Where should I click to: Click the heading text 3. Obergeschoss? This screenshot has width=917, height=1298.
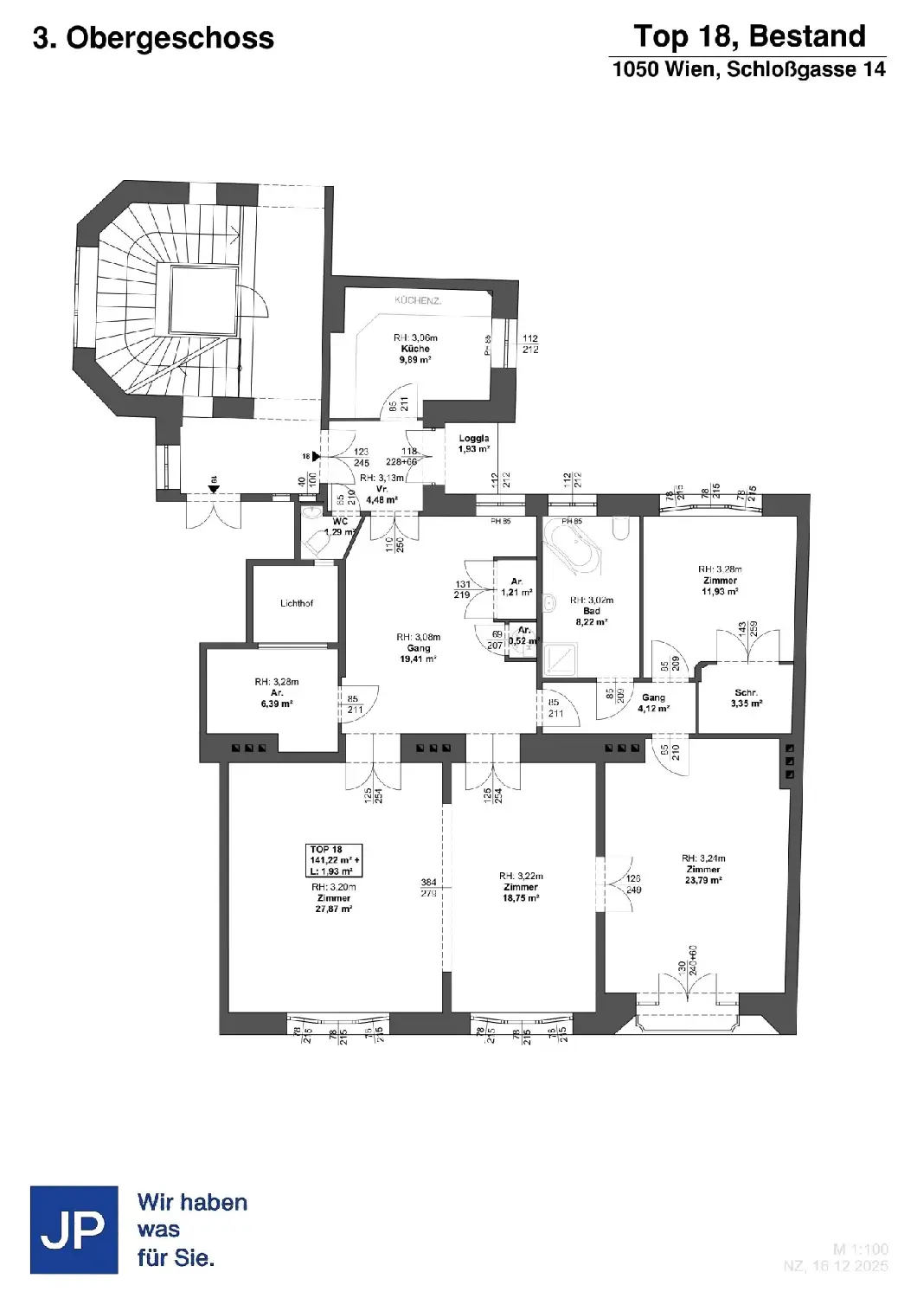153,38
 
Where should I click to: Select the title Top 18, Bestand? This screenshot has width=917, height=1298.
749,36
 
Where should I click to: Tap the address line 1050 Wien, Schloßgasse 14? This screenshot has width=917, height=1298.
749,69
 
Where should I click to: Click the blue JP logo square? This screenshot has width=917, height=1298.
74,1230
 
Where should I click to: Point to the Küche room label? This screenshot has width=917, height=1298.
415,349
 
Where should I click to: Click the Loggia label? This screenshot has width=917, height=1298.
473,439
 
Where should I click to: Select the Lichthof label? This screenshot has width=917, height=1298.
297,603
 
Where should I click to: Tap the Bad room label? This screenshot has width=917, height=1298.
592,611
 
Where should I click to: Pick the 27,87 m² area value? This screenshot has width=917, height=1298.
334,909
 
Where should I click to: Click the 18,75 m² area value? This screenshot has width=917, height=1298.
521,898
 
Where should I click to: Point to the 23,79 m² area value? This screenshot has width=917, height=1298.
703,880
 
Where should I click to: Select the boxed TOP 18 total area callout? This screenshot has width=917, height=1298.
334,860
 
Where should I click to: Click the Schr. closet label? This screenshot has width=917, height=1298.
746,693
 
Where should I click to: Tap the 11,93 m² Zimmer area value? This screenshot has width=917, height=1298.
720,592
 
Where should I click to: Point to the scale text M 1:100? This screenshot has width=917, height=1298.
860,1250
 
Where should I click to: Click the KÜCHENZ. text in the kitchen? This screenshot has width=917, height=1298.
419,301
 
